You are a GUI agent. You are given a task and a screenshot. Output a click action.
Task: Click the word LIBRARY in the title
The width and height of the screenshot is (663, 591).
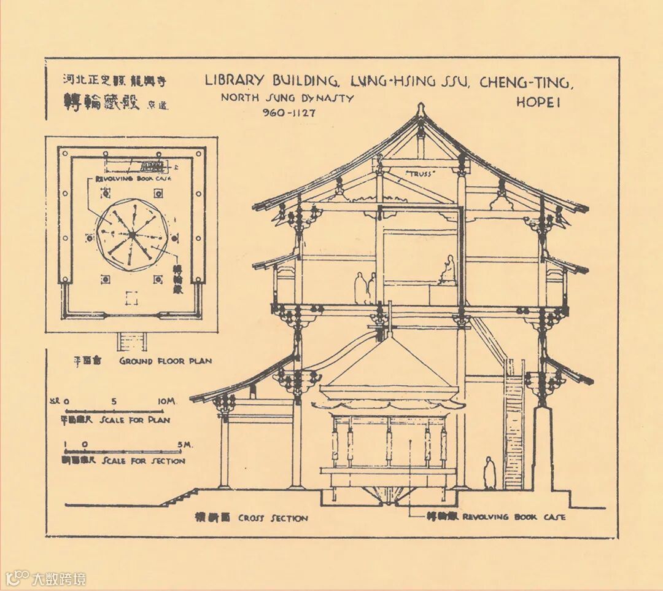[x=234, y=80]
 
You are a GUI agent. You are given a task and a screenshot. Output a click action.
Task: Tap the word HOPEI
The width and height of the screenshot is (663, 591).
[x=538, y=103]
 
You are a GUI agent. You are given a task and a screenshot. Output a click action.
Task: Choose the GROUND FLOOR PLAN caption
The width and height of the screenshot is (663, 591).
[x=165, y=361]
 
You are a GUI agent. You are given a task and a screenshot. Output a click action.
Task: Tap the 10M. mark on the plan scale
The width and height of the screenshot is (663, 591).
[x=166, y=401]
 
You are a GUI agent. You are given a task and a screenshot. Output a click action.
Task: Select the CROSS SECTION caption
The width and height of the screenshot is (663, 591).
[x=273, y=518]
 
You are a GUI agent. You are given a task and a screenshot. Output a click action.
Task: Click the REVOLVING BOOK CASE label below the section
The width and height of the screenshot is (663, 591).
[x=514, y=517]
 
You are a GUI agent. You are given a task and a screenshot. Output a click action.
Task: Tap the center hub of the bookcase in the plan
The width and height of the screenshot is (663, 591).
[x=131, y=234]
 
